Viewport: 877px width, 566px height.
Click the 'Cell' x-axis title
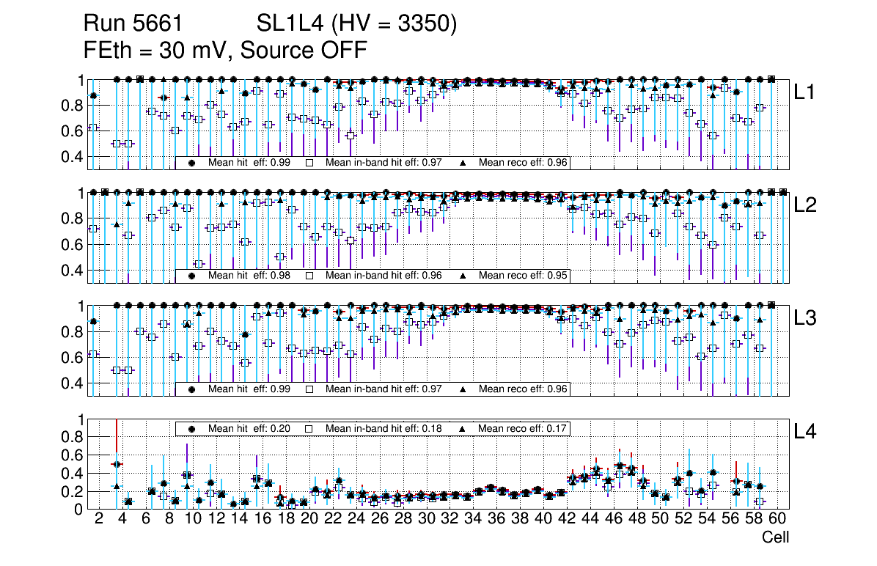pos(775,537)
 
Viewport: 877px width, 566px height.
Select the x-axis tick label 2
pos(99,519)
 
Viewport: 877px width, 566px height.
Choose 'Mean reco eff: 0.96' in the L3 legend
pos(523,389)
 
